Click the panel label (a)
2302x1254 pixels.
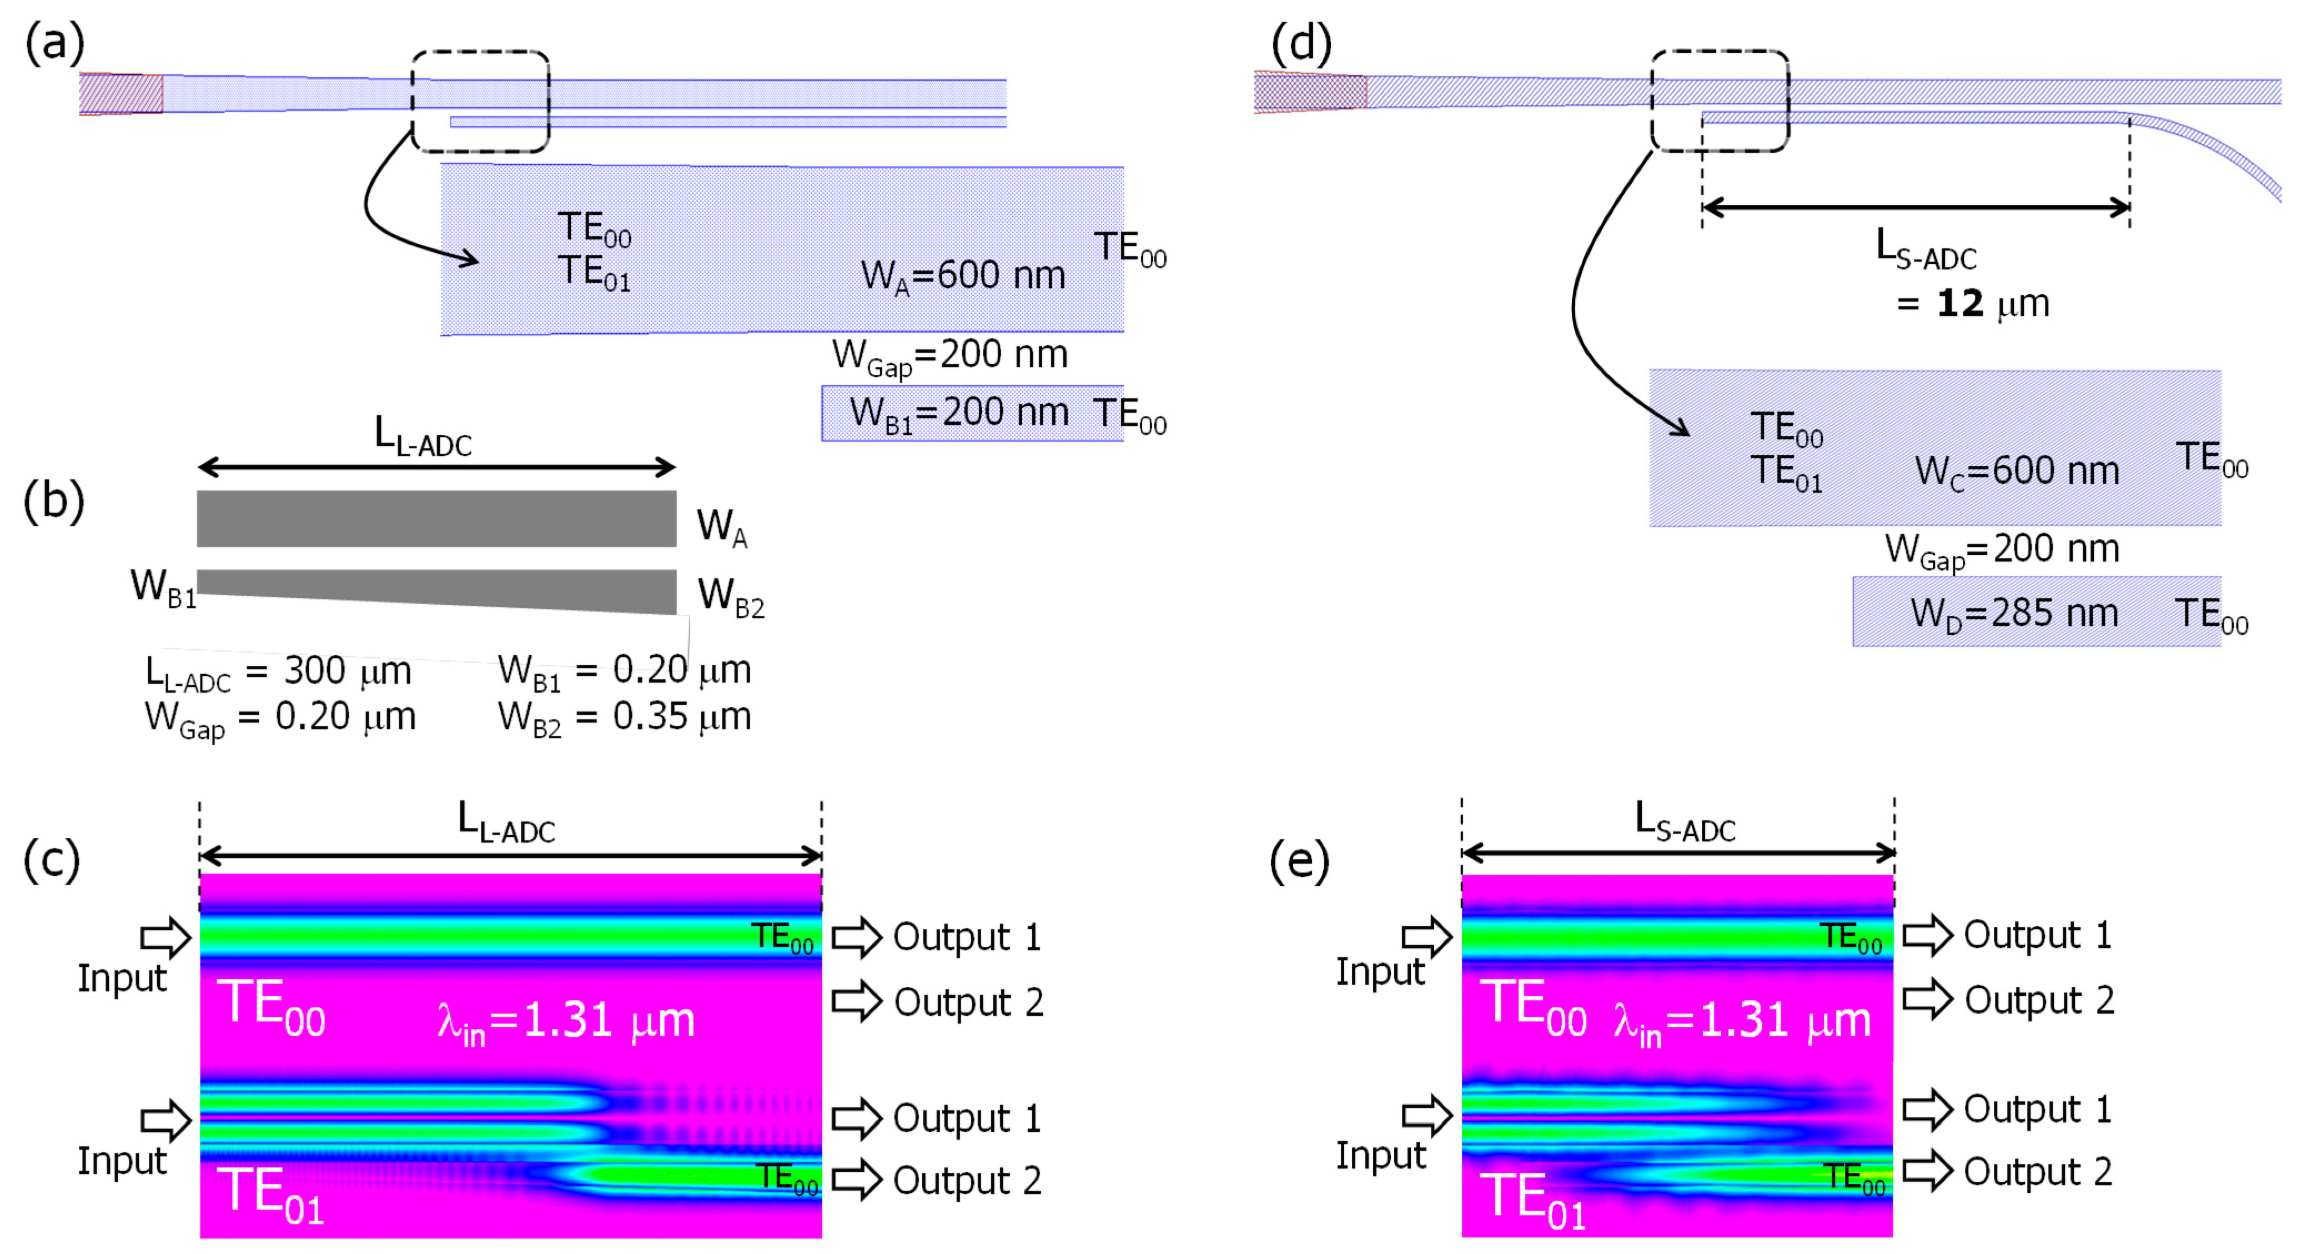click(x=54, y=43)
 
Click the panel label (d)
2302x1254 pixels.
click(x=1300, y=43)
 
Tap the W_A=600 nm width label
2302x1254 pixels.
click(x=962, y=276)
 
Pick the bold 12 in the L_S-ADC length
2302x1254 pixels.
click(x=1960, y=304)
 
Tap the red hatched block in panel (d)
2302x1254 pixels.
click(x=1310, y=92)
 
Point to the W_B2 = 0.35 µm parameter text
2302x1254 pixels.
click(x=624, y=718)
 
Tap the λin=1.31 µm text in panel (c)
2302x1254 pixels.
click(x=566, y=1022)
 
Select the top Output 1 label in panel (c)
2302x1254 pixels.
click(x=967, y=937)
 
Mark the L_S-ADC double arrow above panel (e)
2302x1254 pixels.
click(x=1677, y=854)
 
